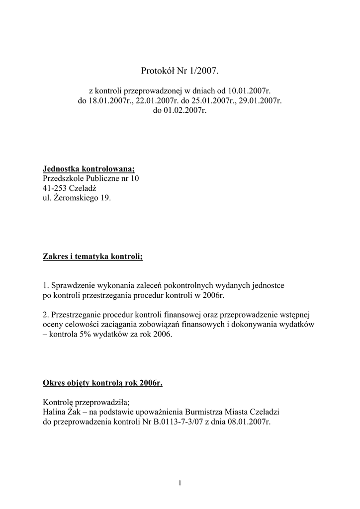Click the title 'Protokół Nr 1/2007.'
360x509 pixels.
(x=180, y=71)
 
